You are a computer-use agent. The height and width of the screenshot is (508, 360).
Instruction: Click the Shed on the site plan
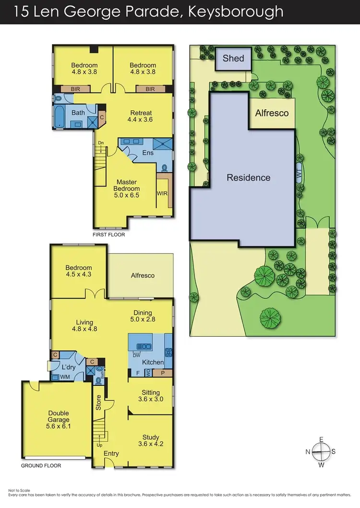click(x=233, y=59)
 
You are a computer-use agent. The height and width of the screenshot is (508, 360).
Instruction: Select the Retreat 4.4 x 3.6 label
click(x=141, y=116)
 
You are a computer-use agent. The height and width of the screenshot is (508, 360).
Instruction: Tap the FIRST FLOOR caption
click(x=109, y=235)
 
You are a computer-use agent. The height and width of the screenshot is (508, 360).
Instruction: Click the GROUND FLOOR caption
click(x=41, y=466)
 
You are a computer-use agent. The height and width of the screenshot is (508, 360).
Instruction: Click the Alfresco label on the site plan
click(x=272, y=113)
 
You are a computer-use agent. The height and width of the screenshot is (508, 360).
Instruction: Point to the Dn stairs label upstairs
click(x=100, y=142)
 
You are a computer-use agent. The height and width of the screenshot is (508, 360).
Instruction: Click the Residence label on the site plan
click(x=248, y=177)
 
